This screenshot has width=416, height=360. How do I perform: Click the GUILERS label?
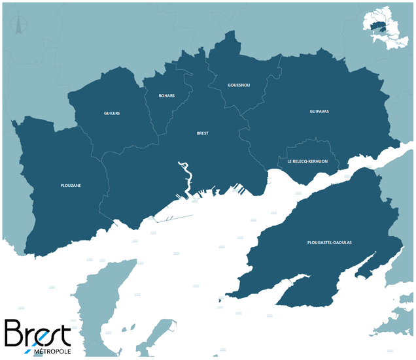click(112, 113)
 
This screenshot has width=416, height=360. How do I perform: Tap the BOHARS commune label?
click(167, 96)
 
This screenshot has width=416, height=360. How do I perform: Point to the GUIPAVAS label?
click(319, 112)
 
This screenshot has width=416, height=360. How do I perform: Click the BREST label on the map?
click(203, 133)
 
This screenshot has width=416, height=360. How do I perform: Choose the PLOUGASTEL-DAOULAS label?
click(329, 242)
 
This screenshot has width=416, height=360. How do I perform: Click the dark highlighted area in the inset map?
click(379, 27)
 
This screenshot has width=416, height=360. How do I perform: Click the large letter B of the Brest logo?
click(16, 333)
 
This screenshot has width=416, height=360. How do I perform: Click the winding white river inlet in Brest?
click(187, 180)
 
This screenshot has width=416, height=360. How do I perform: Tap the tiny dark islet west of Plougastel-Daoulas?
click(218, 301)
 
